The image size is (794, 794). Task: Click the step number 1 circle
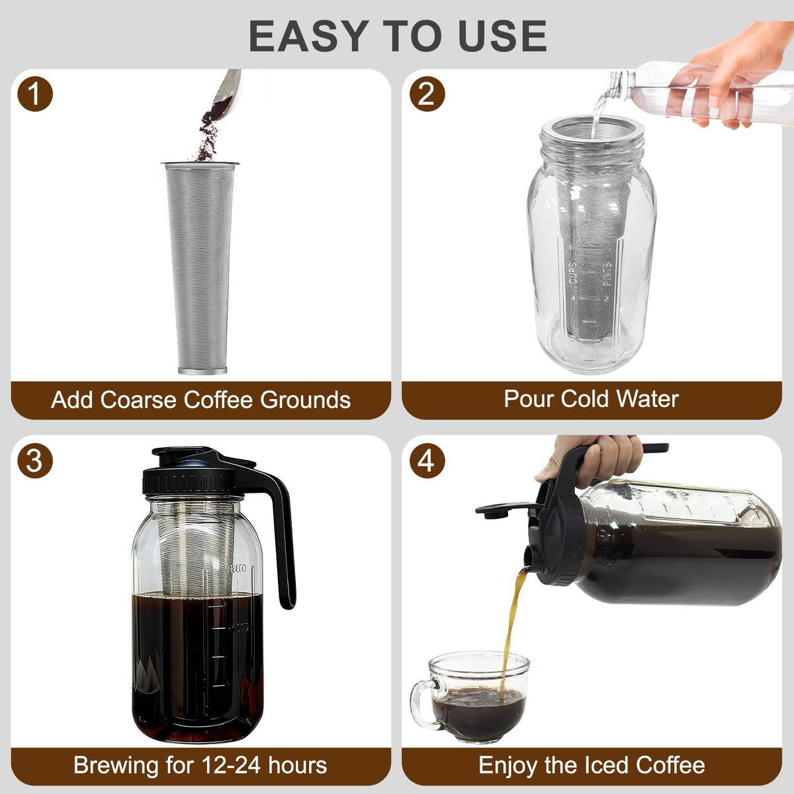pos(35,94)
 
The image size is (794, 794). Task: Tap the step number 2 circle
pos(427,94)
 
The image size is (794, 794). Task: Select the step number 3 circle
pos(35,461)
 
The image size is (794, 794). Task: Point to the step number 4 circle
pos(427,461)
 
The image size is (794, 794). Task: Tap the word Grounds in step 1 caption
pos(305,400)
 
